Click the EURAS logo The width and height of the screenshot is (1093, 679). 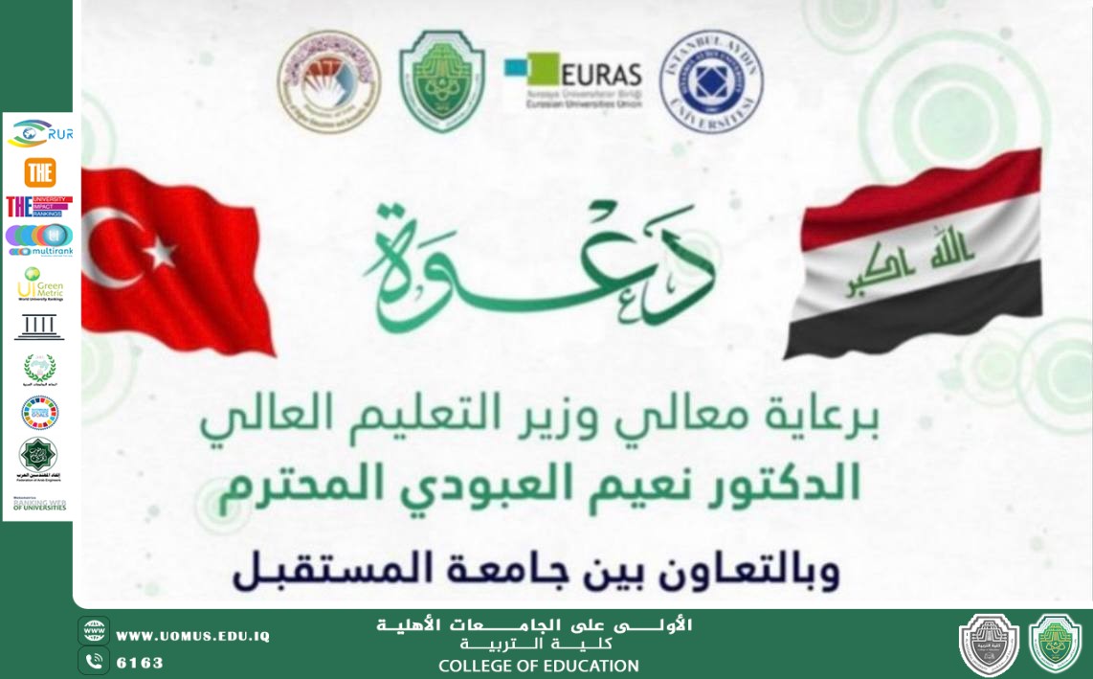(x=572, y=81)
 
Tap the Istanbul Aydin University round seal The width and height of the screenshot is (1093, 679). (x=711, y=81)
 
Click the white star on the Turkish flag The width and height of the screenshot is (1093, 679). (x=161, y=252)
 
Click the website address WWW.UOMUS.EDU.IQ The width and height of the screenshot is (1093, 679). (x=192, y=636)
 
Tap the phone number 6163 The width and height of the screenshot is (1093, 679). (x=140, y=662)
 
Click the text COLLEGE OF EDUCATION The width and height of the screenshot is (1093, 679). (x=538, y=666)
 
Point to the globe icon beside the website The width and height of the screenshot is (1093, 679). (x=94, y=632)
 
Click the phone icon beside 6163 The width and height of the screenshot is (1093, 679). (x=94, y=661)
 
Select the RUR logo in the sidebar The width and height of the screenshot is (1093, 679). (x=38, y=133)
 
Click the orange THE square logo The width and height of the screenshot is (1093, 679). (x=39, y=172)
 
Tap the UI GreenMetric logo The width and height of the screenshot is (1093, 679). (x=39, y=284)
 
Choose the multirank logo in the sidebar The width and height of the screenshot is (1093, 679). (x=38, y=239)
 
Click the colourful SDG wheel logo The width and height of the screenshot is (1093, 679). (x=39, y=412)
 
